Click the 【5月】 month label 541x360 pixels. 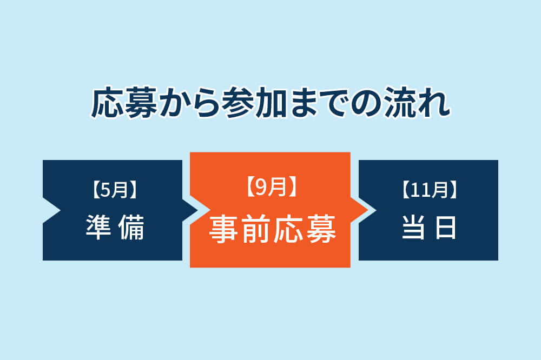(x=113, y=190)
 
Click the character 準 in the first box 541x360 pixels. (x=99, y=228)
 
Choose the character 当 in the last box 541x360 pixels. (x=414, y=228)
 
